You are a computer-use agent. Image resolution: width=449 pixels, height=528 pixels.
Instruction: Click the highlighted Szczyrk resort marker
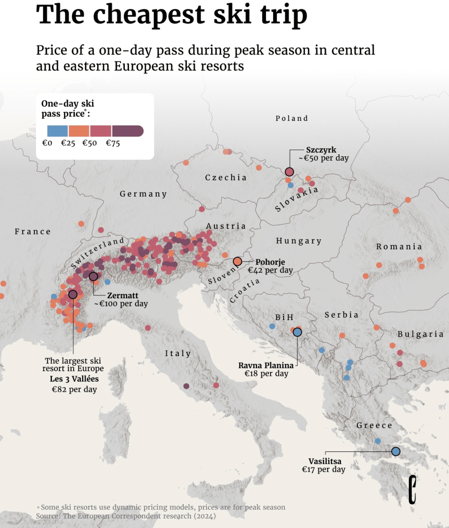(x=289, y=172)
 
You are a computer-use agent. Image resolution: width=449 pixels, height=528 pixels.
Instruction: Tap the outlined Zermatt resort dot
(x=93, y=276)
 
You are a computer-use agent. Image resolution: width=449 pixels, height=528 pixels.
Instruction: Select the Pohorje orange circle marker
(x=237, y=261)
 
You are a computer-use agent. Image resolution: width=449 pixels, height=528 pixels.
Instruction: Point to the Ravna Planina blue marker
(x=297, y=332)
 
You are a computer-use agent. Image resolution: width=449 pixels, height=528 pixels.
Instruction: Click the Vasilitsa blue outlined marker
(x=396, y=451)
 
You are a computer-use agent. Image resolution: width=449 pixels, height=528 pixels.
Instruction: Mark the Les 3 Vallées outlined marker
(x=73, y=294)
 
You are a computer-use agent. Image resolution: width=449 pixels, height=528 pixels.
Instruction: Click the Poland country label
(x=292, y=118)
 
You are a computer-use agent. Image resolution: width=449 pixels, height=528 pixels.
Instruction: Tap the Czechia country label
(x=226, y=178)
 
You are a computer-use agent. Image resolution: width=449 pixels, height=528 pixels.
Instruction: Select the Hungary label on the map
(x=299, y=241)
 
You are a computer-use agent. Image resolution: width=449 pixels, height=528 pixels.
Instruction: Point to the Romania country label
(x=399, y=247)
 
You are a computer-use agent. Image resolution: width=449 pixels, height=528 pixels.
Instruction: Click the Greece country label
(x=374, y=425)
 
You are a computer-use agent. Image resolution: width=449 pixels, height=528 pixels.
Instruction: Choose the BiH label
(x=284, y=317)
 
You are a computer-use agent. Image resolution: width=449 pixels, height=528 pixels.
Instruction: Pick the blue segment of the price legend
(x=58, y=131)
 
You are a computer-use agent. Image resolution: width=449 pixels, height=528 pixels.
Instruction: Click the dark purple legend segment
(x=127, y=131)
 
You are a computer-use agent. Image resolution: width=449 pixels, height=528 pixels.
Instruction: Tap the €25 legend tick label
(x=68, y=143)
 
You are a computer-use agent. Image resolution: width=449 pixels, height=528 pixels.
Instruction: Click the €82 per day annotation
(x=74, y=389)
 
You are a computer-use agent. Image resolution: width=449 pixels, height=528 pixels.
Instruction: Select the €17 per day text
(x=324, y=469)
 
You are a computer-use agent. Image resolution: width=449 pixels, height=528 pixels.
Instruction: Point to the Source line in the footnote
(x=126, y=516)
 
